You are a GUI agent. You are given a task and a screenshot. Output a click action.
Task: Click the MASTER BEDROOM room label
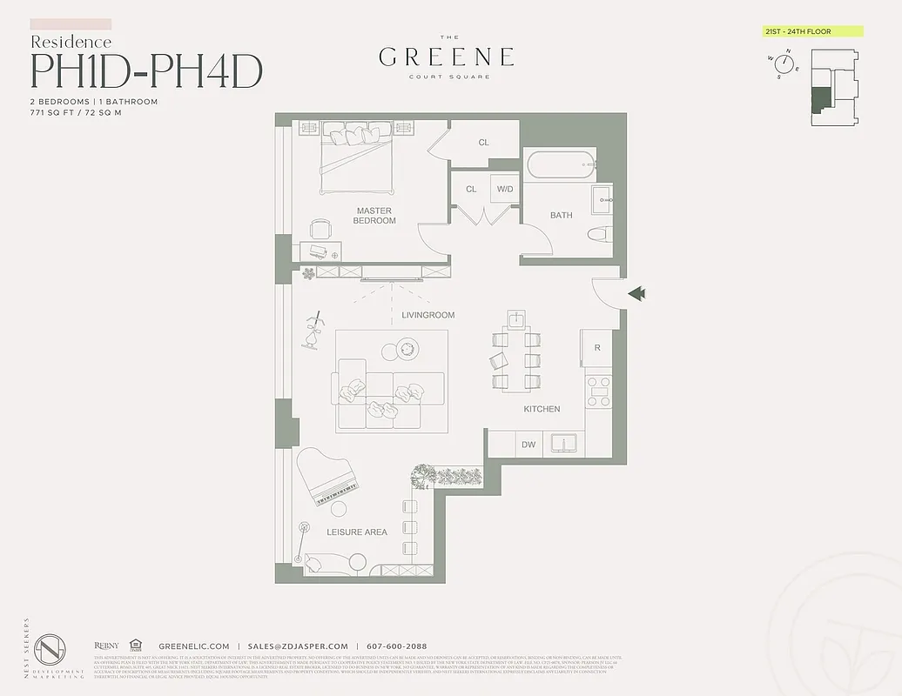coord(374,216)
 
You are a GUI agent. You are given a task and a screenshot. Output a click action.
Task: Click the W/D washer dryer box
coord(504,189)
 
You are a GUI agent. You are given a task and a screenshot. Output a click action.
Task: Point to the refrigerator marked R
coord(596,348)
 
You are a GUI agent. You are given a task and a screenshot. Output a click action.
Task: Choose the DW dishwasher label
coord(528,445)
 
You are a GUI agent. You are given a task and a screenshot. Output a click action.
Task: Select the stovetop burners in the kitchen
coord(598,391)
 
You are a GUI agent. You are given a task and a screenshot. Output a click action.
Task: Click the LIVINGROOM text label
coord(427,315)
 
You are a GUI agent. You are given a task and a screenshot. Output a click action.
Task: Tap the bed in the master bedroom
coord(357,157)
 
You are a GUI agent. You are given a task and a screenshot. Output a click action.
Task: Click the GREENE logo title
coord(446,57)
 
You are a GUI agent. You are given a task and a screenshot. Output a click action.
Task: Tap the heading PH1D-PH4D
coord(146,72)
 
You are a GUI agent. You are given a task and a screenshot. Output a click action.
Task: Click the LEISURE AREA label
coord(357,532)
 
